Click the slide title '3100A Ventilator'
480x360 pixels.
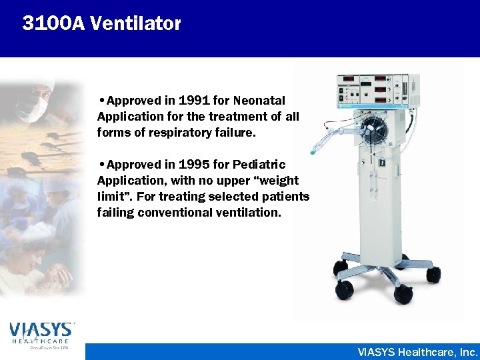point(101,23)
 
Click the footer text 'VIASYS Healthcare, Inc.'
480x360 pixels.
point(417,351)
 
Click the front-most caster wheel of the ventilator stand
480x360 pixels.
point(345,289)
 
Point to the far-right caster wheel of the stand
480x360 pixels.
point(433,273)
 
